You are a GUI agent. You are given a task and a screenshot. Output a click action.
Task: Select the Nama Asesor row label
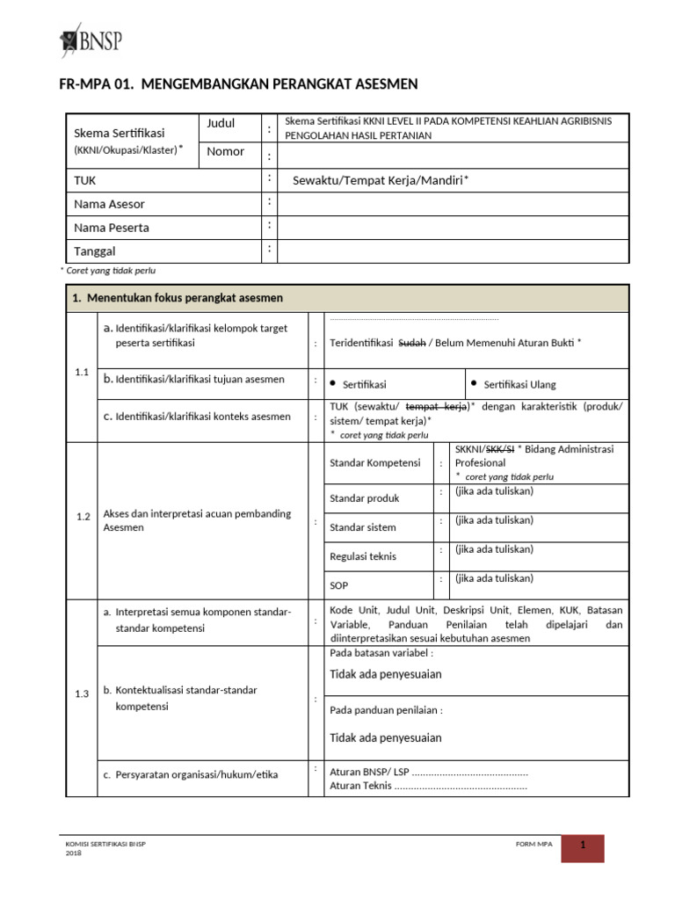click(x=110, y=204)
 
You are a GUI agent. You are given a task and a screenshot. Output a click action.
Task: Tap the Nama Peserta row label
click(x=112, y=228)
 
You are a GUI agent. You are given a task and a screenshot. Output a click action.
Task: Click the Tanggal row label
click(x=94, y=251)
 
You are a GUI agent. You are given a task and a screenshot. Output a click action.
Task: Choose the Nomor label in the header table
click(x=225, y=151)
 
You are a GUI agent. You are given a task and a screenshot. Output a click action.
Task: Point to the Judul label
click(x=221, y=124)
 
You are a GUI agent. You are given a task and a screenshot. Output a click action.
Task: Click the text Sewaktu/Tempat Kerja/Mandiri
click(x=377, y=180)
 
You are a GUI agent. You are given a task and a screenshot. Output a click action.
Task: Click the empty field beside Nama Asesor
click(x=453, y=204)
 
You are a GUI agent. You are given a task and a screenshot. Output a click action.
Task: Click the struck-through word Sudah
click(x=412, y=343)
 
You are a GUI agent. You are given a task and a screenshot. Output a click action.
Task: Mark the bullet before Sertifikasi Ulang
click(x=475, y=383)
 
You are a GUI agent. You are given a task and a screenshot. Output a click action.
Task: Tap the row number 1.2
click(x=83, y=517)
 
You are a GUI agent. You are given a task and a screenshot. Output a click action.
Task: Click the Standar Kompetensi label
click(x=374, y=462)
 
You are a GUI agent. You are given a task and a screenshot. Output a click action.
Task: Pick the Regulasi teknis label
click(x=363, y=556)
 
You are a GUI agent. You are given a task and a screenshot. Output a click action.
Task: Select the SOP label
click(x=339, y=584)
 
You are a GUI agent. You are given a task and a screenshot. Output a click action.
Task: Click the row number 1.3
click(x=83, y=693)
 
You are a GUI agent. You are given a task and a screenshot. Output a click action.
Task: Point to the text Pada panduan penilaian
click(x=386, y=710)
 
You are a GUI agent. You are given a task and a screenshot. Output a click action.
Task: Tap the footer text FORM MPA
click(x=534, y=845)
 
